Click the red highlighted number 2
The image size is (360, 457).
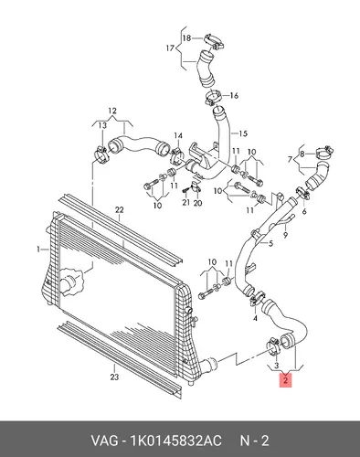click(285, 380)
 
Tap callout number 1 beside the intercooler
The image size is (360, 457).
click(38, 250)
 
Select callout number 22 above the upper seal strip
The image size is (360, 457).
click(120, 209)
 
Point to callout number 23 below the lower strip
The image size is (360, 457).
click(114, 377)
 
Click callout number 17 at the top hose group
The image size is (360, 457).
click(170, 48)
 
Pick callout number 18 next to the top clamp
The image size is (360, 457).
click(186, 38)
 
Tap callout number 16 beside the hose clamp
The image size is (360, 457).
click(234, 96)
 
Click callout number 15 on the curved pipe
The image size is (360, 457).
click(243, 133)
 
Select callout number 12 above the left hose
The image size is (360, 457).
click(112, 111)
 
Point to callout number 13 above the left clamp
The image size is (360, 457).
click(102, 125)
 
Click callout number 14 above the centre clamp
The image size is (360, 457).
click(178, 135)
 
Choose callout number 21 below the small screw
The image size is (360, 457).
click(186, 202)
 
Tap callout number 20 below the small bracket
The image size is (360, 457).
click(197, 202)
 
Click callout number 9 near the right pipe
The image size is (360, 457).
click(285, 235)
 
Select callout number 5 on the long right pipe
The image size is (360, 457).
click(270, 243)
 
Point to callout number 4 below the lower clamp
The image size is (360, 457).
click(255, 318)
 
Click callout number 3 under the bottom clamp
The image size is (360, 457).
click(276, 366)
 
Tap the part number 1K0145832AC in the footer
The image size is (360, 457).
click(175, 441)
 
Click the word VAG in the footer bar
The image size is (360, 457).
click(104, 441)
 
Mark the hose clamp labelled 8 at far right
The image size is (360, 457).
click(323, 152)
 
